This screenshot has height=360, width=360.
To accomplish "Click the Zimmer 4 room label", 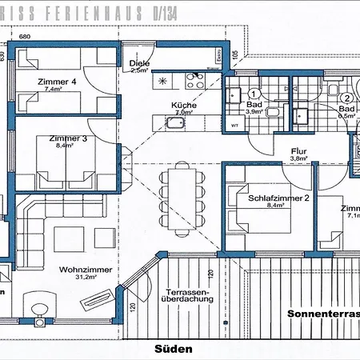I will point(56,82).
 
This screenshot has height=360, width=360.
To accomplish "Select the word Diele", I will point(139,62).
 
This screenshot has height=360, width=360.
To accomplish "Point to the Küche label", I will point(183,105).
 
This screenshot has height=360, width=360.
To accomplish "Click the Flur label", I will point(298,150).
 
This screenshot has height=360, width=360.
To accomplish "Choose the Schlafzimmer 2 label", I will point(278,198).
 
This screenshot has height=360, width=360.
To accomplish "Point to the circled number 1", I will point(253,93).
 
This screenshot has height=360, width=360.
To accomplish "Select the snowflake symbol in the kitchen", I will point(164,81).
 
